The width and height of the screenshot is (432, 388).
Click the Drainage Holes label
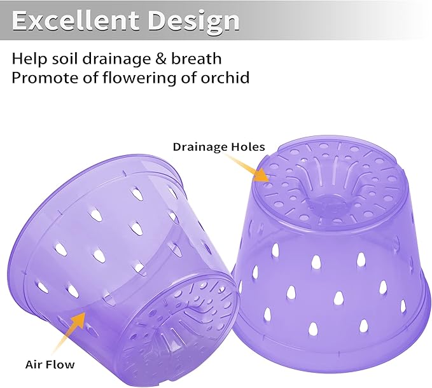coord(218,146)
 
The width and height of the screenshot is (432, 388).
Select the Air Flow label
coord(50,364)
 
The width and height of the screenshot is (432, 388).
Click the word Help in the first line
coord(28,59)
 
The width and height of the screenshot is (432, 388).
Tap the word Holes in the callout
coord(247,146)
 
